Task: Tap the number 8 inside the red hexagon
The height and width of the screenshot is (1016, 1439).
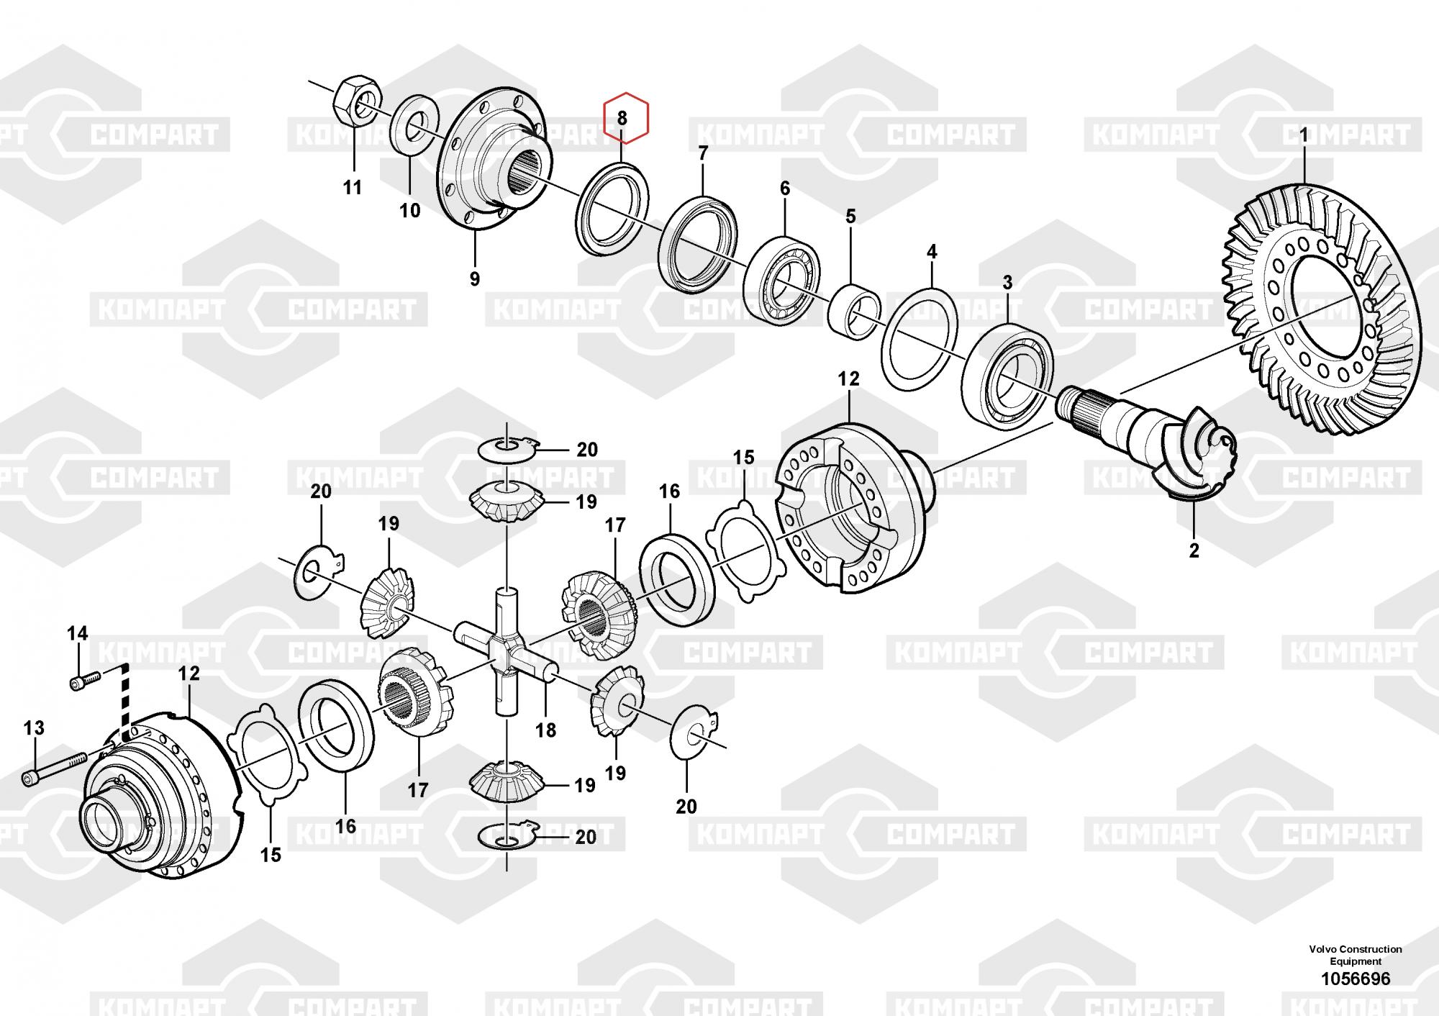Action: coord(622,118)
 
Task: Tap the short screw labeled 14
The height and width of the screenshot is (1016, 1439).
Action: coord(84,681)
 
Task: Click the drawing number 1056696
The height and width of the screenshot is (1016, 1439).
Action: coord(1355,979)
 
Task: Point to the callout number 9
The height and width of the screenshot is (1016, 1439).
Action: coord(474,278)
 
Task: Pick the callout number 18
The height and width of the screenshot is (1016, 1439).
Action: coord(546,730)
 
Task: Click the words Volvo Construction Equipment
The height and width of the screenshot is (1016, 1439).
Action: coord(1355,955)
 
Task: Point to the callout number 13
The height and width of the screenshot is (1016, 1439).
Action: coord(34,727)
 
